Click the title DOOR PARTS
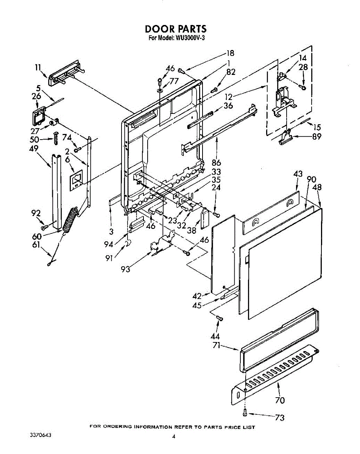click(x=176, y=29)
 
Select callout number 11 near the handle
click(x=38, y=68)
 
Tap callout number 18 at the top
click(x=230, y=53)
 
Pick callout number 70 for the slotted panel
click(x=280, y=400)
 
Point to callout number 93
click(x=126, y=269)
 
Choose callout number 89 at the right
click(x=317, y=137)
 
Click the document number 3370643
click(x=40, y=435)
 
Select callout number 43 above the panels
click(x=298, y=174)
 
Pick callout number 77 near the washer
click(x=174, y=81)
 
